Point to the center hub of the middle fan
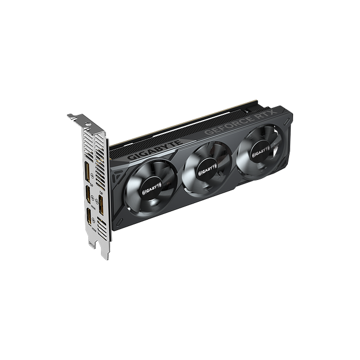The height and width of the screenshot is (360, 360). (x=206, y=168)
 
